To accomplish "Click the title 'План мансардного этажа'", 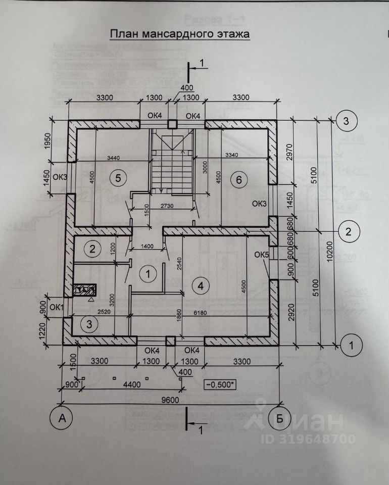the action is (x=180, y=34).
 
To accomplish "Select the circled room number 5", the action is (x=118, y=177).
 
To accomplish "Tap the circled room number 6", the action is (x=239, y=178).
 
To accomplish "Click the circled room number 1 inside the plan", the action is (x=148, y=274).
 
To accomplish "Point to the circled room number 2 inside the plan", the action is (x=92, y=248).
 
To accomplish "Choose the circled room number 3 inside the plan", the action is (x=89, y=324).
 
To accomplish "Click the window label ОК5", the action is (x=261, y=254).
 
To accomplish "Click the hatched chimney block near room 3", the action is (x=84, y=290).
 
